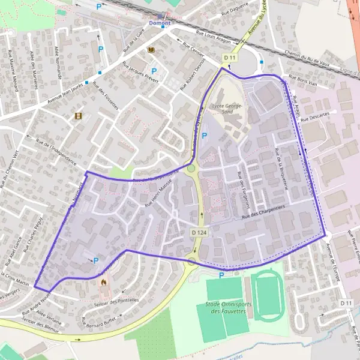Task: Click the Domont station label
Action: click(160, 23)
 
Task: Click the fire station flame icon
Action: click(104, 280)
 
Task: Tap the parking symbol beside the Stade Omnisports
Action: click(221, 275)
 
